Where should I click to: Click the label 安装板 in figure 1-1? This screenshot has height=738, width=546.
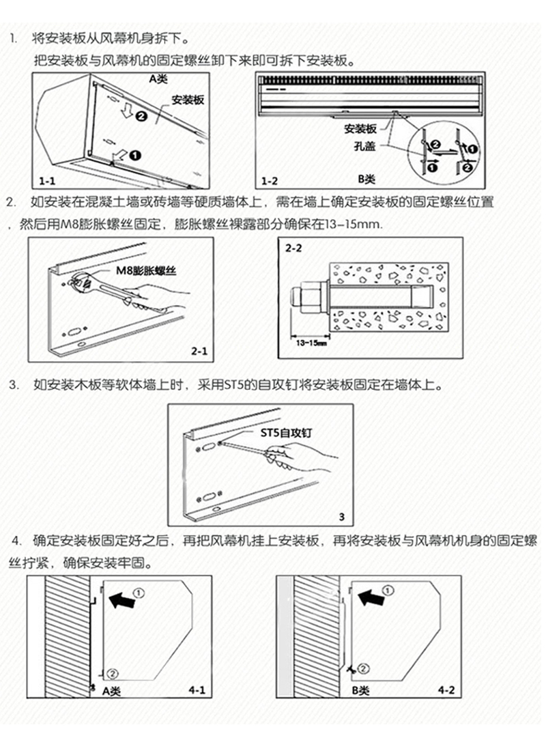188,99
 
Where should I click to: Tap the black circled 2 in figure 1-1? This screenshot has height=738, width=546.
141,117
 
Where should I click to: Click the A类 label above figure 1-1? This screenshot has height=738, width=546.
158,79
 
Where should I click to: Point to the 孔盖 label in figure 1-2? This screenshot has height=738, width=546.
364,145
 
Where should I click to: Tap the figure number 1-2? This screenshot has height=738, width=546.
270,182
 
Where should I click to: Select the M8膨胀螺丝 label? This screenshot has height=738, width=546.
145,270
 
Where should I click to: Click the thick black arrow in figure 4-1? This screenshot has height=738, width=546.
121,601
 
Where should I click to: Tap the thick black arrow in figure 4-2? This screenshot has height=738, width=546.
371,599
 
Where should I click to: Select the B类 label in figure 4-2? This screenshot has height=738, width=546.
360,691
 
